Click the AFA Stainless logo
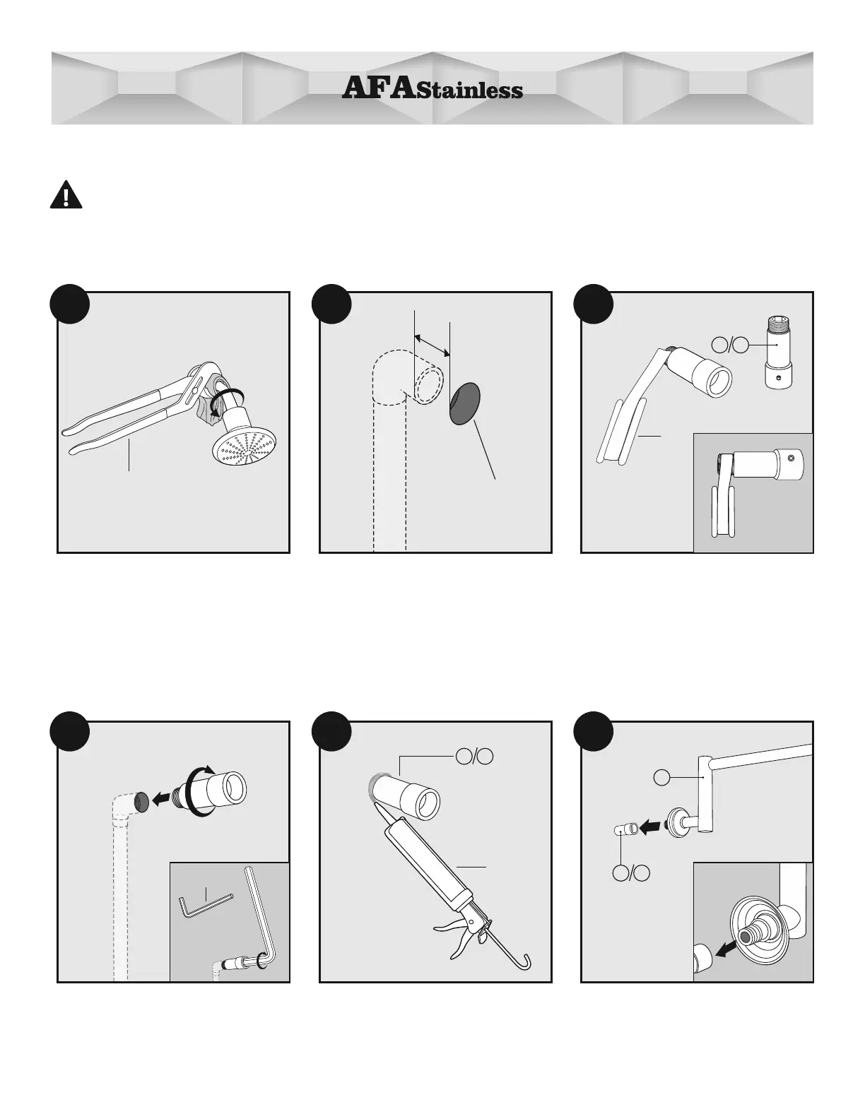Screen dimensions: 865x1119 tap(432, 88)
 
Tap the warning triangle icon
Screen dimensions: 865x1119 tap(66, 195)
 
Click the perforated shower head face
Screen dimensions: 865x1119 tap(245, 444)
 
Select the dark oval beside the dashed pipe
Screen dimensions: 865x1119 tap(464, 403)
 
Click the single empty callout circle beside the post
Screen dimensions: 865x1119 tap(661, 778)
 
